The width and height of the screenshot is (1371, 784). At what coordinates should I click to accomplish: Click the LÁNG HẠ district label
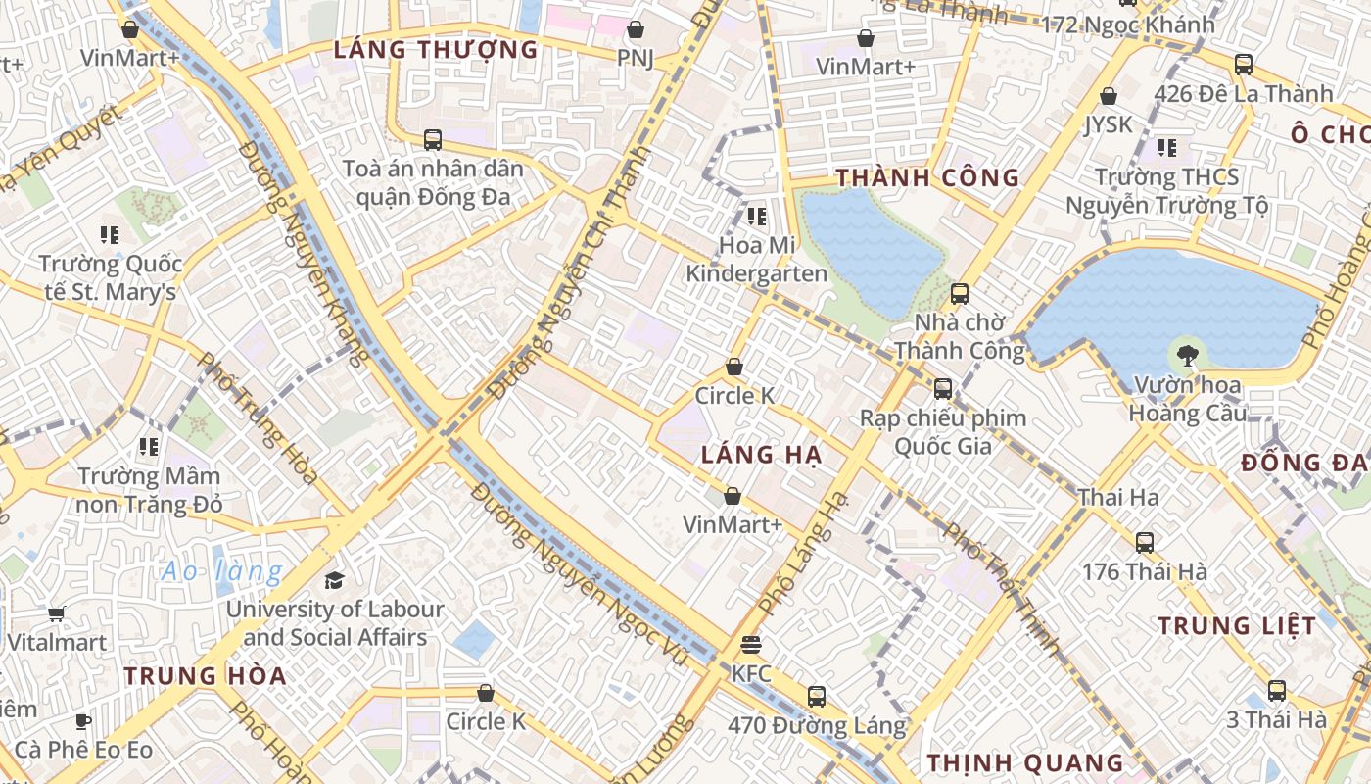761,455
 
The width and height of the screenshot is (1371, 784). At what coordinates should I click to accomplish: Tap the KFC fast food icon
751,645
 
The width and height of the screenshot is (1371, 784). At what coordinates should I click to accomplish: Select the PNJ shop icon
636,30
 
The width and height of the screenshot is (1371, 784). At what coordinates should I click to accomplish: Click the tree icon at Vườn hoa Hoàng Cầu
1188,355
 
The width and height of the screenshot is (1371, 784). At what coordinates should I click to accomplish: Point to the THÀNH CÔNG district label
927,178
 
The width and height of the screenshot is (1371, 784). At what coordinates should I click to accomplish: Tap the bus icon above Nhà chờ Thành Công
960,293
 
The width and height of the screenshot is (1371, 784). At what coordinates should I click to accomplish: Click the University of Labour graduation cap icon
335,580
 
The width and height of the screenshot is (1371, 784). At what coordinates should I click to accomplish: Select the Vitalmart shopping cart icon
56,614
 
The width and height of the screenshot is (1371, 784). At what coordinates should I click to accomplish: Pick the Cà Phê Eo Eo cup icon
83,722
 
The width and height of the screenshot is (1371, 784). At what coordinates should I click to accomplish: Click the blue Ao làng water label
222,571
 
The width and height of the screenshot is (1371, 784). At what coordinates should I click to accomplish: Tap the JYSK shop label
1108,124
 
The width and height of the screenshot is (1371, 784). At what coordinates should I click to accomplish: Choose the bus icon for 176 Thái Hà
1144,542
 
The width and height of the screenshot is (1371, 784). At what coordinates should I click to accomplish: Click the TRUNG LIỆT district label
1237,625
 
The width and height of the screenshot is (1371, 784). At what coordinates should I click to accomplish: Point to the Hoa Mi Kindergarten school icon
756,216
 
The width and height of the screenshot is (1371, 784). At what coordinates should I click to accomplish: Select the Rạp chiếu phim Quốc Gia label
942,432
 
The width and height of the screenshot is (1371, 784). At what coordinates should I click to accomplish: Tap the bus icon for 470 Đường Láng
817,697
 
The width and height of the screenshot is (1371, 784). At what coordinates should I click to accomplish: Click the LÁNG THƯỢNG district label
436,50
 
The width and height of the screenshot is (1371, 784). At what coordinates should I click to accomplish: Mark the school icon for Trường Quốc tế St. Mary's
110,235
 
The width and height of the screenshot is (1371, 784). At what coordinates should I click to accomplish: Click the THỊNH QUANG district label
1025,762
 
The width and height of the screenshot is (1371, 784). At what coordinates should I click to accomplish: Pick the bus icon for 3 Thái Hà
1276,691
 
